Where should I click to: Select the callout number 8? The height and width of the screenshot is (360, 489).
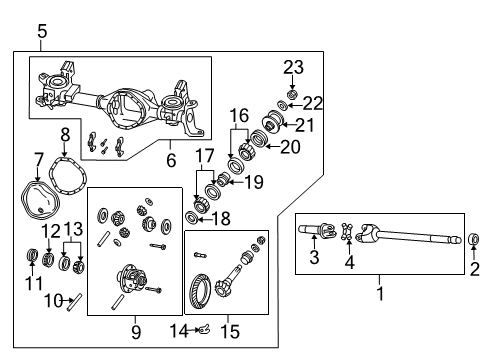(65, 134)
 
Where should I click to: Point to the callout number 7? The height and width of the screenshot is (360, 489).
(39, 158)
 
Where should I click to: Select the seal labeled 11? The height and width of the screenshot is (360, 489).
(31, 262)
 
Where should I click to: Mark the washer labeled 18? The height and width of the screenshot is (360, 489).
(192, 218)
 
